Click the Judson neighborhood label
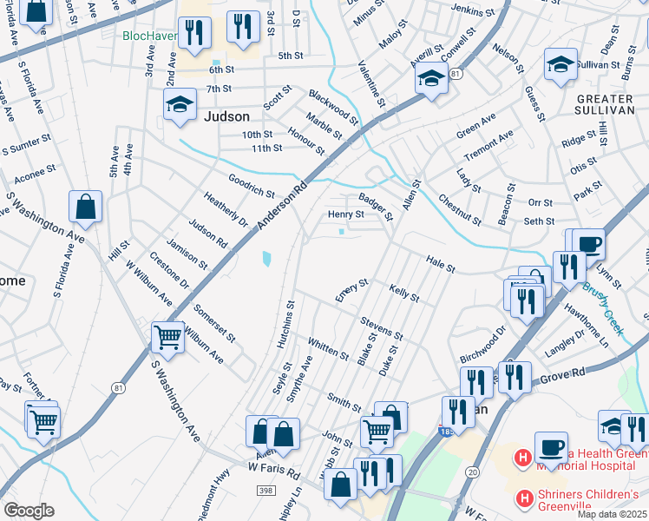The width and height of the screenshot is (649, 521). pos(226,116)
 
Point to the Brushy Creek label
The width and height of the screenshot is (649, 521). pos(602,309)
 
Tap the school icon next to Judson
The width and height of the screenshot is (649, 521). pos(180,106)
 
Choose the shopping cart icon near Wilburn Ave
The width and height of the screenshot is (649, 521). pos(167,336)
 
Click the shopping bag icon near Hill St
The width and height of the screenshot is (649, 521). pos(85,207)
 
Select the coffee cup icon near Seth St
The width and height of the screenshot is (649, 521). pos(589,244)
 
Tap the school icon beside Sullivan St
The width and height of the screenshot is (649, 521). pos(560,64)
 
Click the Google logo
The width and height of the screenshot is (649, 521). pos(28,511)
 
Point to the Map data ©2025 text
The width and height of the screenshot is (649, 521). pos(612,514)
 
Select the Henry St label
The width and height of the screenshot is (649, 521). pos(344,214)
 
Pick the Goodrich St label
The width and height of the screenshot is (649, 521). pos(251,186)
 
